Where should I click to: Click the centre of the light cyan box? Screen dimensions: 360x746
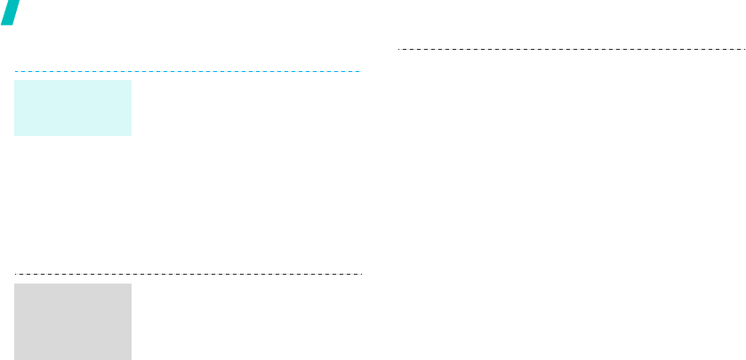coord(73,108)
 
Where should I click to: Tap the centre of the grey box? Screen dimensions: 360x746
coord(73,322)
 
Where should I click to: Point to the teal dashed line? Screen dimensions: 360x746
coord(188,71)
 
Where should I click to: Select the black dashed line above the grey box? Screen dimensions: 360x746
coord(188,274)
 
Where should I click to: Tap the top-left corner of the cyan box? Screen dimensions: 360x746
coord(15,81)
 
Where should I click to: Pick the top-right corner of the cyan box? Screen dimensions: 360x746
coord(131,81)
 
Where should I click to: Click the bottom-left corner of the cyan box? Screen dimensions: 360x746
coord(15,135)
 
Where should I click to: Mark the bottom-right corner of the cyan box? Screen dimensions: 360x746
coord(131,135)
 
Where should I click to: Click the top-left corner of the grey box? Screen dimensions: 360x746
coord(15,284)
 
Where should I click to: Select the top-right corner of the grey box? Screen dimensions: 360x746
coord(131,284)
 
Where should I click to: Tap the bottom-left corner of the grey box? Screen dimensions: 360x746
coord(15,359)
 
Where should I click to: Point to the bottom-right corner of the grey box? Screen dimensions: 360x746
coord(131,359)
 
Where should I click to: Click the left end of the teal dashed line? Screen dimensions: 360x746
coord(15,71)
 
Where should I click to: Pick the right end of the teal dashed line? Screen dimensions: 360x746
coord(361,71)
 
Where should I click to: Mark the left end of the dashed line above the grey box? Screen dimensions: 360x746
coord(15,274)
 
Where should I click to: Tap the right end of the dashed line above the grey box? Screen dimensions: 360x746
coord(361,274)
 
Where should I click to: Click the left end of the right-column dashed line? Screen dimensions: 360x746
coord(397,48)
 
